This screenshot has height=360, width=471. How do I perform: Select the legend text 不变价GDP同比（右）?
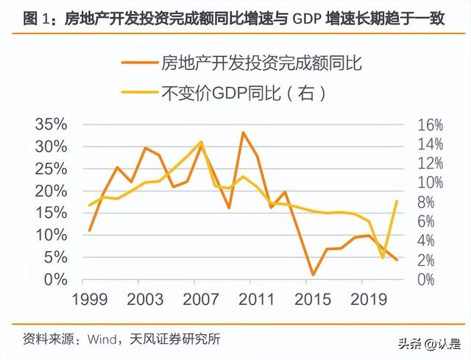(244, 93)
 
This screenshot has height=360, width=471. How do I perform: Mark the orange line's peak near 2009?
(244, 133)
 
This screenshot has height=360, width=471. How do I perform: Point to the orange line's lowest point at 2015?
(313, 275)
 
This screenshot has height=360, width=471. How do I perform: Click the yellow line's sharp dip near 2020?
(383, 258)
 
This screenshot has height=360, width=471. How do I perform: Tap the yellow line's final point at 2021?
(398, 201)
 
